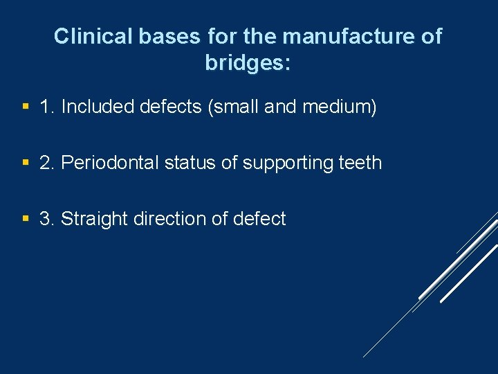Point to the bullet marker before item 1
[26, 107]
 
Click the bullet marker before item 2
[26, 163]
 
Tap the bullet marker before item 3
[26, 219]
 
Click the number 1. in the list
[48, 107]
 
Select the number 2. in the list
[48, 163]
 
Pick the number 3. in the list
[48, 219]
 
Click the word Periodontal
[110, 163]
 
